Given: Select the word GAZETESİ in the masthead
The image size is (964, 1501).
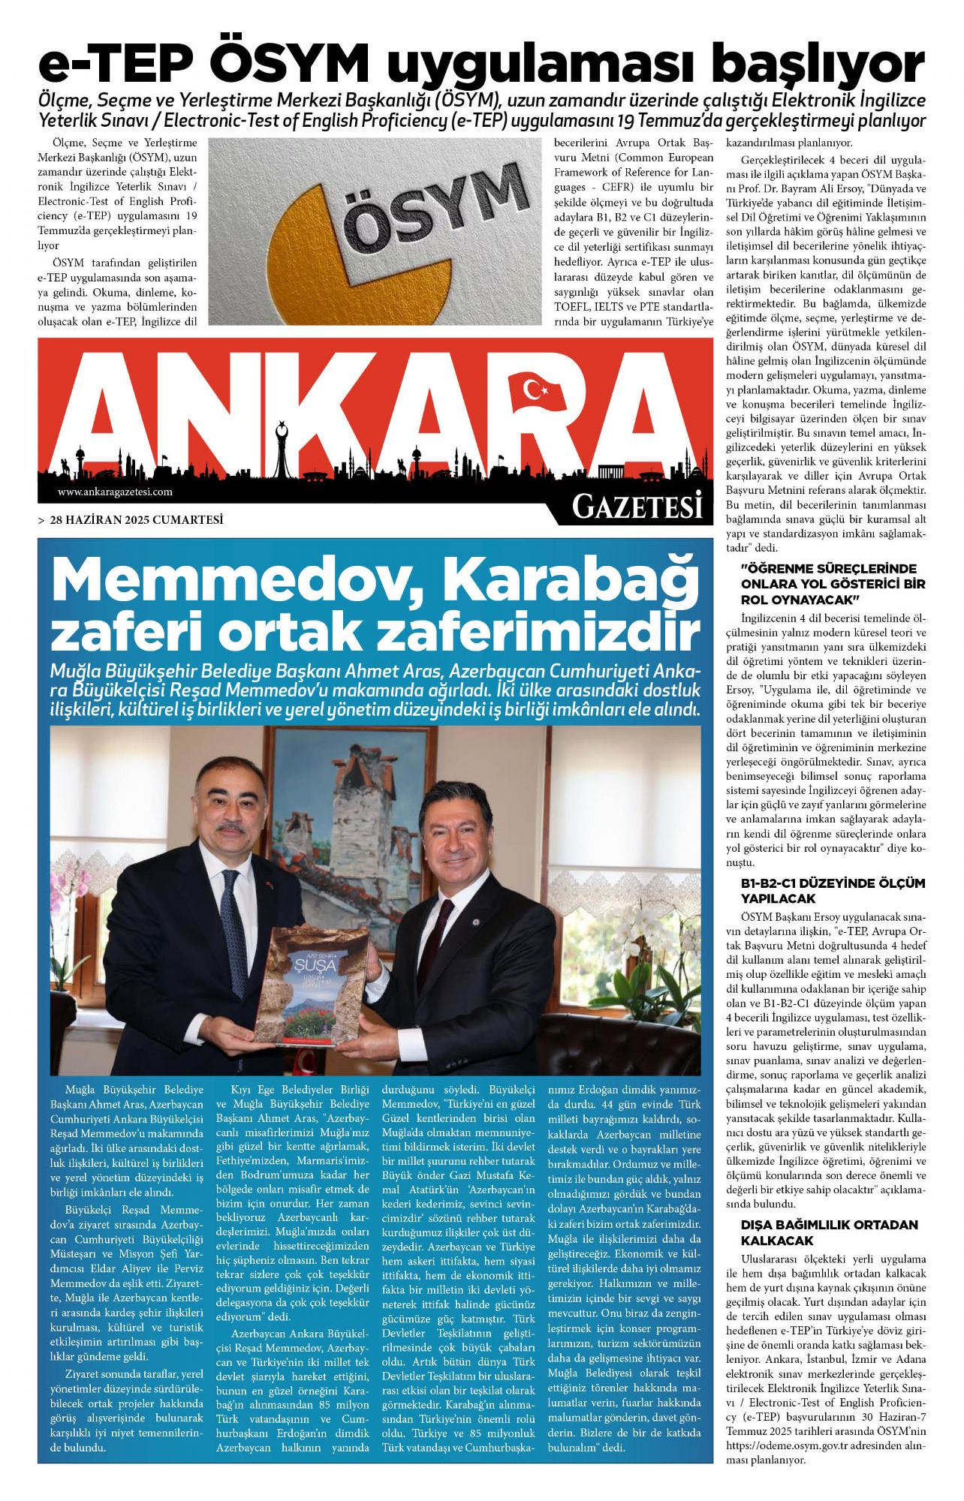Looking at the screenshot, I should pos(637,507).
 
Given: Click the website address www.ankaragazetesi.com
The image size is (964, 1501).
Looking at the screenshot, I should pos(115,492).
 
